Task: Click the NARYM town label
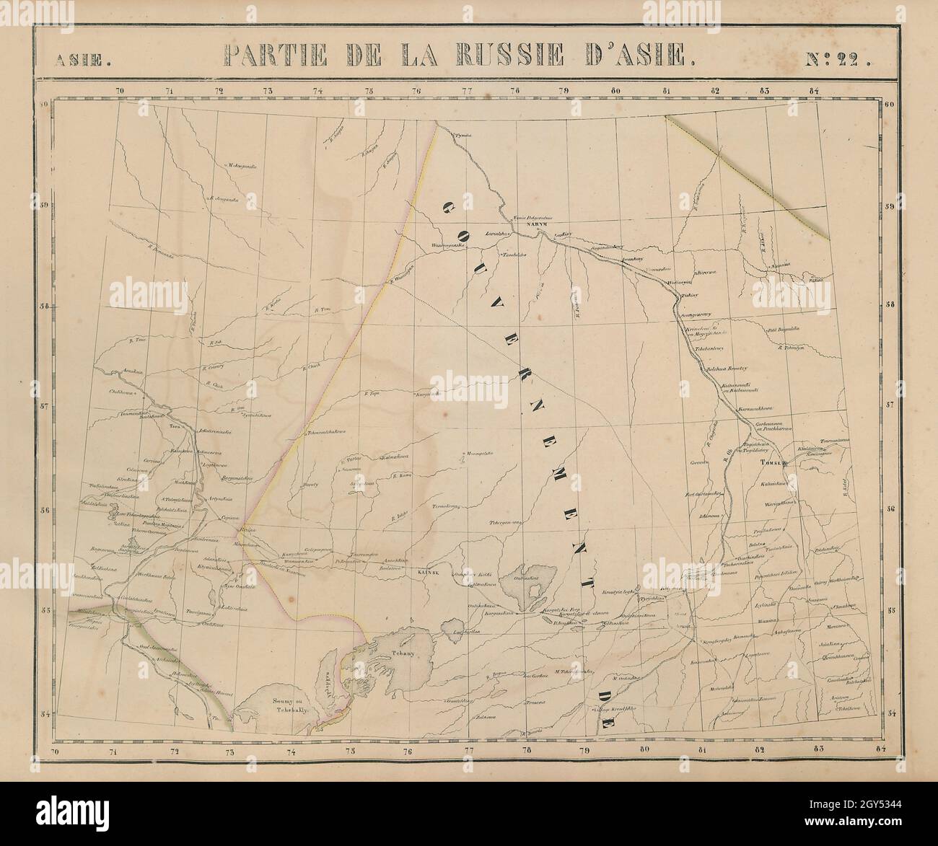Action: [538, 224]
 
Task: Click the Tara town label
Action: [174, 427]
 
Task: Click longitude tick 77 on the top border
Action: [466, 92]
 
